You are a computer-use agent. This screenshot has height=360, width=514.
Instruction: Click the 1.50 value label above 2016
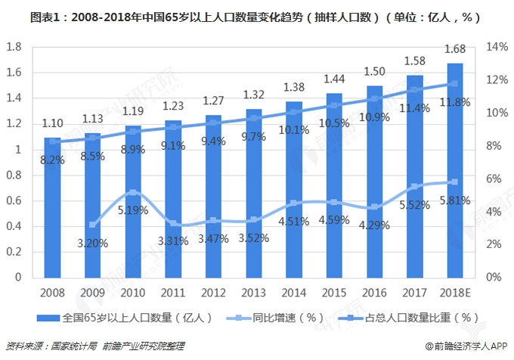point(375,70)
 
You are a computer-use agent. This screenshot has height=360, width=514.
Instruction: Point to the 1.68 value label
point(455,49)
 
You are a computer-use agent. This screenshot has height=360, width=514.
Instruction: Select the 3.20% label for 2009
point(92,243)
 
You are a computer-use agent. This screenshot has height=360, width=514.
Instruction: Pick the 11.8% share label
point(455,103)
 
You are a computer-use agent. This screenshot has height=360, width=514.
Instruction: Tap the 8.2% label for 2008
point(52,160)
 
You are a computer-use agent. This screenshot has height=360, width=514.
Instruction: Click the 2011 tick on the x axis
point(173,292)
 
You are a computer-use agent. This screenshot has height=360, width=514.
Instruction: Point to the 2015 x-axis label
point(334,292)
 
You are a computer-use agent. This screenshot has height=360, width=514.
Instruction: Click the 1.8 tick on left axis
point(13,47)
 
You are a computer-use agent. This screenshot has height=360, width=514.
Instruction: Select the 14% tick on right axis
point(496,47)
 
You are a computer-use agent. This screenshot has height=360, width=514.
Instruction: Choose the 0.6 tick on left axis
point(13,200)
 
